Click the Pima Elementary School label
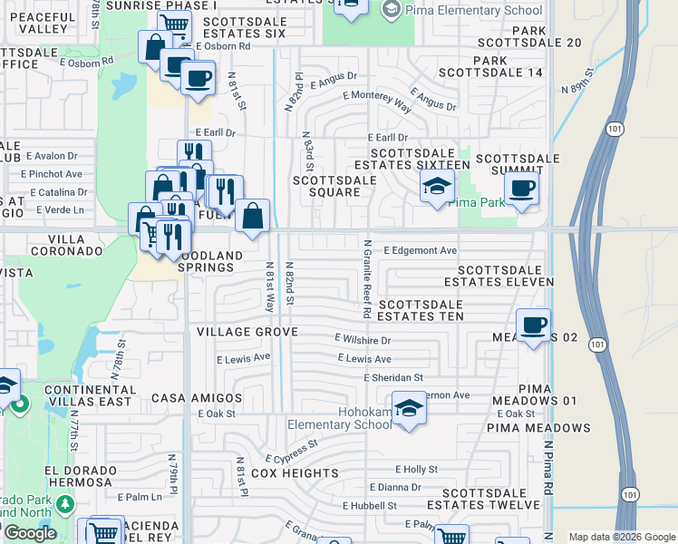point(474,9)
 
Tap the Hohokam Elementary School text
point(339,424)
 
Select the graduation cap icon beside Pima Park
point(437,188)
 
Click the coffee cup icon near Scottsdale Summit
point(521,189)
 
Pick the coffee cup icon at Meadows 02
point(534,324)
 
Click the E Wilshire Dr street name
point(362,340)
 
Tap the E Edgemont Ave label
point(420,250)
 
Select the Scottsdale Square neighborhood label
point(334,186)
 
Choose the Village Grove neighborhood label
point(247,333)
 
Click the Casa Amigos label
point(197,398)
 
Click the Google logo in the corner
point(30,533)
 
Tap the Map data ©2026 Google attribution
point(621,537)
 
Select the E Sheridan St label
point(392,377)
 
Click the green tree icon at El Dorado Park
point(63,503)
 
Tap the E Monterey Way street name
point(377,99)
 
